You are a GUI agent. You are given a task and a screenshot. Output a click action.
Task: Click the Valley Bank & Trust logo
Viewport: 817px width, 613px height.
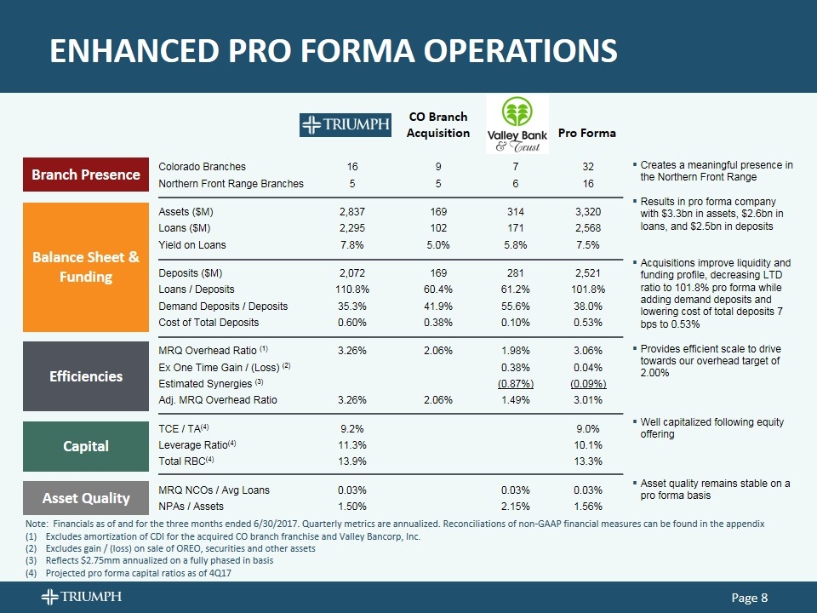pyautogui.click(x=516, y=124)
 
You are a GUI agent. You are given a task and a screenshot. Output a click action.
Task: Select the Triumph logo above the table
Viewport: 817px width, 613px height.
pyautogui.click(x=345, y=125)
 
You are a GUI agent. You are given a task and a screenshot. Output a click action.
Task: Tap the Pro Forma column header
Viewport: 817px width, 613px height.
pyautogui.click(x=586, y=133)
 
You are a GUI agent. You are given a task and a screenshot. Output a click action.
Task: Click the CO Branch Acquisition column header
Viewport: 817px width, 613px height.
pyautogui.click(x=437, y=124)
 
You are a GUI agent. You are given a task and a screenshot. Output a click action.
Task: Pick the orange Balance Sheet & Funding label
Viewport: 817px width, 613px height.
pyautogui.click(x=86, y=267)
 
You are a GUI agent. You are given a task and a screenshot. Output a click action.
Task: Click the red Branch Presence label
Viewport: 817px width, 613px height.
pyautogui.click(x=86, y=175)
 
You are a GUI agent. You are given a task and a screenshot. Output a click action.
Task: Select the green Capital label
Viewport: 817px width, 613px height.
pyautogui.click(x=86, y=445)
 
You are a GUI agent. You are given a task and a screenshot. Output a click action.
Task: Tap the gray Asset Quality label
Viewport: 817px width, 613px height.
pyautogui.click(x=86, y=498)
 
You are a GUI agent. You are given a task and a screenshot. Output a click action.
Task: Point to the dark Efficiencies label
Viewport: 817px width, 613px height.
pyautogui.click(x=86, y=376)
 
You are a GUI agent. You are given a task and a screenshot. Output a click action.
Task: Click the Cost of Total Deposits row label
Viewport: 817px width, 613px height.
pyautogui.click(x=209, y=322)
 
